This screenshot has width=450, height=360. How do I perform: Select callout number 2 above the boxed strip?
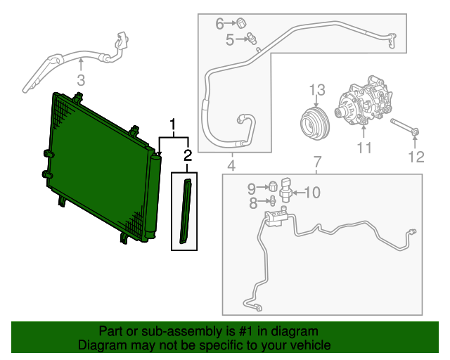[x=188, y=155]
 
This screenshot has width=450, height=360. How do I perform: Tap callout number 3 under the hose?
[x=80, y=79]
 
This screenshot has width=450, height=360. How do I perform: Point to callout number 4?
[x=231, y=166]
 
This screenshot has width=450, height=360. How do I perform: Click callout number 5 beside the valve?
[x=230, y=41]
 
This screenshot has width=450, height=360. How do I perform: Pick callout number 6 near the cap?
[x=220, y=24]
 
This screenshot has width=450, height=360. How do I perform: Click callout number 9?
[x=252, y=188]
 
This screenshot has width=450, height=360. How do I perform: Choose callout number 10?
[x=311, y=191]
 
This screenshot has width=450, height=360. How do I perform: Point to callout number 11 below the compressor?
[x=363, y=148]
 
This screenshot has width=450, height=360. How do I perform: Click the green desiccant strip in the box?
[x=186, y=212]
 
